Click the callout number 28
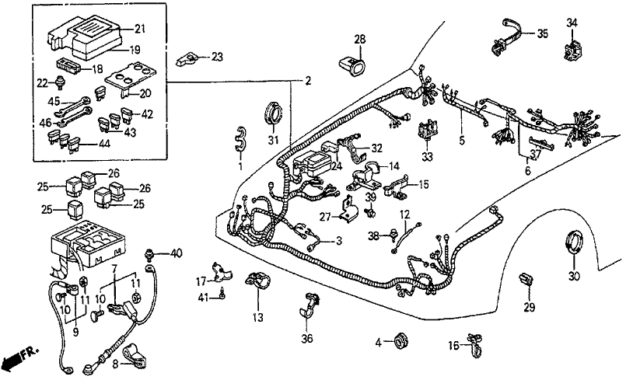point(360,39)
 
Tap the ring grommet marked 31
point(273,112)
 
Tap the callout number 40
point(177,253)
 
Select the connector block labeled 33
point(426,132)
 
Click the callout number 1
point(240,166)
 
